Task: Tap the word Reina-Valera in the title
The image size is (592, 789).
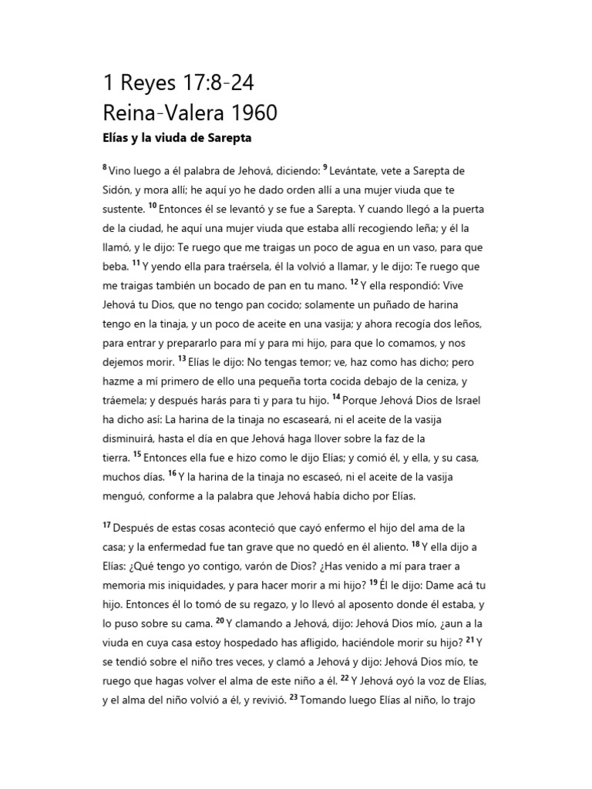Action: point(156,112)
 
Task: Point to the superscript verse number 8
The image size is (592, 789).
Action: point(106,167)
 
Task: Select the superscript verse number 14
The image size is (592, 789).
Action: point(336,397)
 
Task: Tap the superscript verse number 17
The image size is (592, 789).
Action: point(107,525)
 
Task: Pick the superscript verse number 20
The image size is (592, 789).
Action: point(220,619)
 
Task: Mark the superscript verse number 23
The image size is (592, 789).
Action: point(294,698)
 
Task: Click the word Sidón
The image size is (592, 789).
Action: point(119,190)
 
